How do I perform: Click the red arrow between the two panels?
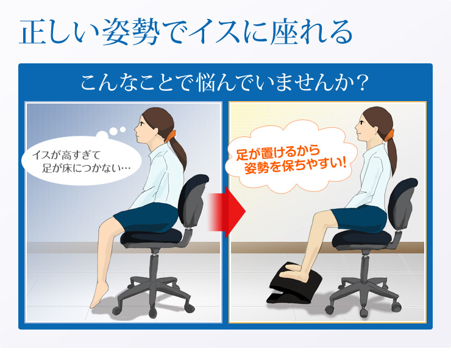[x=227, y=212]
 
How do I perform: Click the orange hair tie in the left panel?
[x=170, y=136]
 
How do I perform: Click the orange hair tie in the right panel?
[x=389, y=135]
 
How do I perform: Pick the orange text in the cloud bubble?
[x=291, y=160]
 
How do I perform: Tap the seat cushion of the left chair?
[x=151, y=237]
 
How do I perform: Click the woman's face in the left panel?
[x=140, y=129]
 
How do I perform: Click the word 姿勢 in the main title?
[x=131, y=32]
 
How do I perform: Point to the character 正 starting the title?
[x=34, y=32]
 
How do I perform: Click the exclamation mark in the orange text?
[x=343, y=163]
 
